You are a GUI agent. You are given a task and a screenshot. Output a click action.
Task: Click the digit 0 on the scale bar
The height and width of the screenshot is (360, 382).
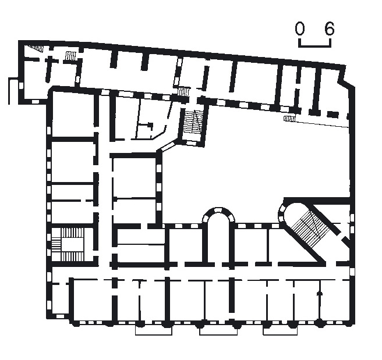point(299,28)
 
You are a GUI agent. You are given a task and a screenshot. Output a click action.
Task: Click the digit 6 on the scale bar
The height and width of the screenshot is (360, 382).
point(330,28)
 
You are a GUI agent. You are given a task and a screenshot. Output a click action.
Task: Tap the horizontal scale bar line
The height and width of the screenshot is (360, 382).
point(315,46)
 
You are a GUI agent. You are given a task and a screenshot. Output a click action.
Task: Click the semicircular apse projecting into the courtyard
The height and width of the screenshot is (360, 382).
point(219,215)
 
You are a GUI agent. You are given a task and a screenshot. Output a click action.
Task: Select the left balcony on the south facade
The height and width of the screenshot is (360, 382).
point(154,330)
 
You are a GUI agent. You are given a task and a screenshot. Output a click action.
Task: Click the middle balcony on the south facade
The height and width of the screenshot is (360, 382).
point(218,330)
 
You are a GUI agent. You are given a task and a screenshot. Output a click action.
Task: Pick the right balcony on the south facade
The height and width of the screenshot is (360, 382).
point(280,330)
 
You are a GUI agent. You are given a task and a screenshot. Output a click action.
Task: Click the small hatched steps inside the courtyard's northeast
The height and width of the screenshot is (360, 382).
point(289,119)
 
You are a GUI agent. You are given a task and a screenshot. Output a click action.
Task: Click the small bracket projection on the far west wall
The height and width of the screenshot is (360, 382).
point(13,91)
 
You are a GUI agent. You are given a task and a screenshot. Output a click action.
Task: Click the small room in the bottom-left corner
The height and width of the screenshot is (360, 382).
point(60,299)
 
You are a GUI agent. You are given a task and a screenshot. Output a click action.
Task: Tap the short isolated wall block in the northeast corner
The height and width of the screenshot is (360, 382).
point(333,114)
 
